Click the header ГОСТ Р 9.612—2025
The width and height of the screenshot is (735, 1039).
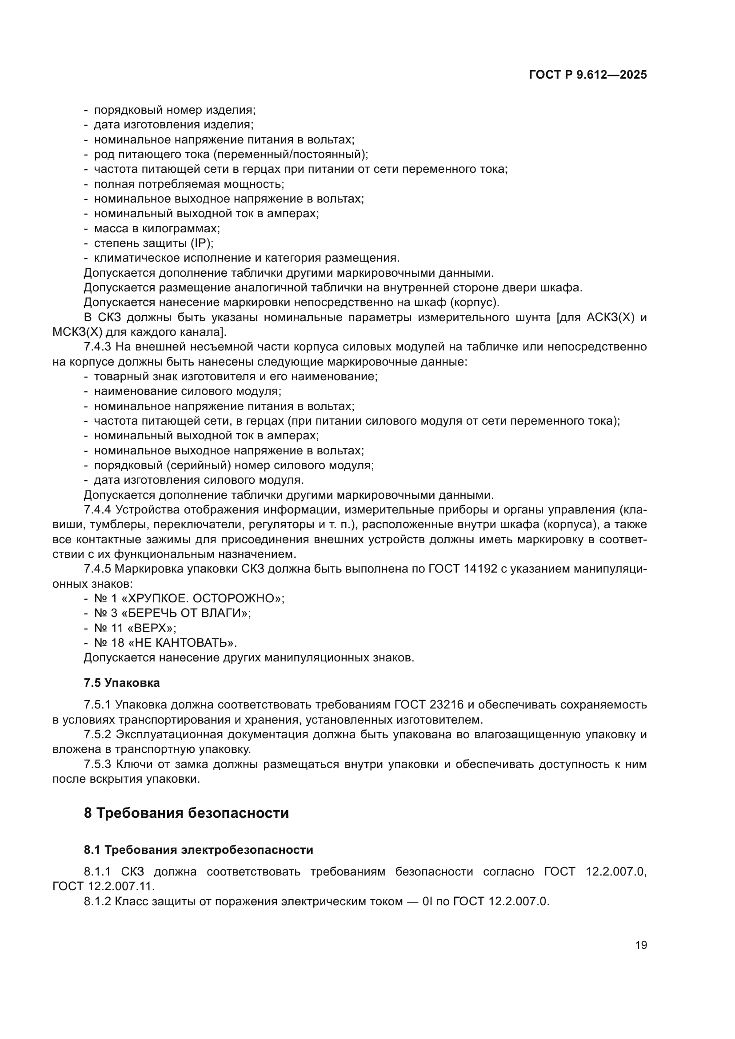click(587, 75)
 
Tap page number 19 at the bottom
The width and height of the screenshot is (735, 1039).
click(641, 945)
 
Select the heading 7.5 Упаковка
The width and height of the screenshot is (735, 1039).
click(121, 683)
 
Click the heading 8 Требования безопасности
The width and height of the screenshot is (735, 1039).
click(186, 813)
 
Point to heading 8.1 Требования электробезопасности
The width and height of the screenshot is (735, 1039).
click(198, 850)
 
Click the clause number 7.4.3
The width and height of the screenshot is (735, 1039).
click(97, 347)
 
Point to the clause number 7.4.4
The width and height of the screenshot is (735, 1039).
click(97, 510)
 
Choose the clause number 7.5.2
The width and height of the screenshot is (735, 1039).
click(97, 734)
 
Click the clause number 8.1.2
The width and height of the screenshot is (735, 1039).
click(97, 901)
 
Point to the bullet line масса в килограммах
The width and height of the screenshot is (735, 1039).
click(156, 228)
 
